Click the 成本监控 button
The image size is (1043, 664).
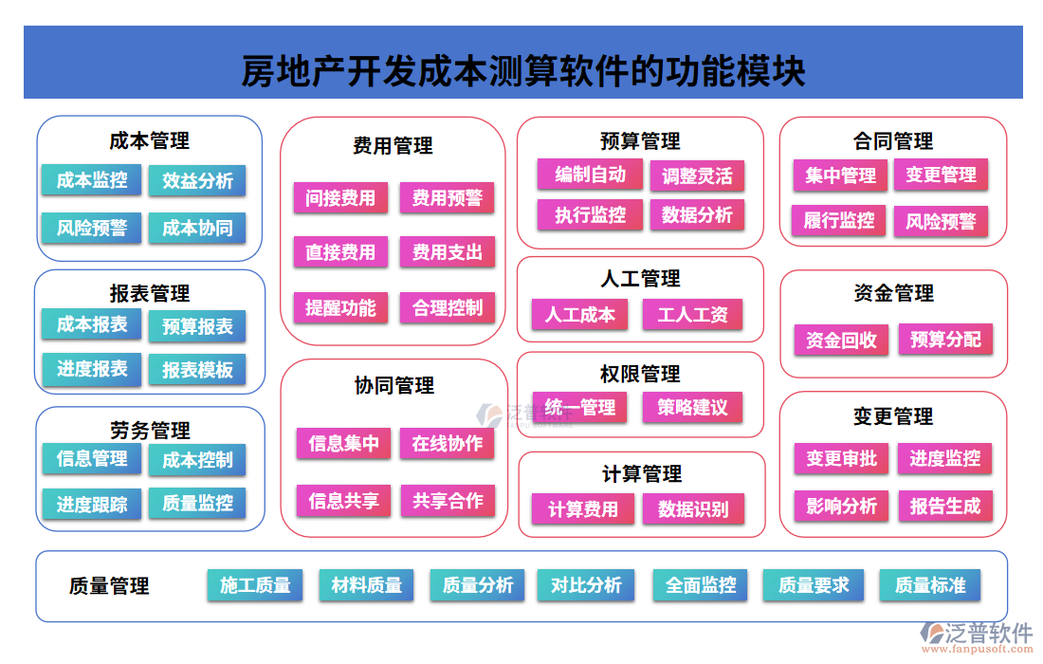pos(91,179)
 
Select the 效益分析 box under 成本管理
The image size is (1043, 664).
pos(197,180)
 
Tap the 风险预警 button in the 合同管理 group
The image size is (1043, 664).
pos(940,221)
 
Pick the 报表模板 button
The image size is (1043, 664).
pos(197,370)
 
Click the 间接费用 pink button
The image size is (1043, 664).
pos(340,198)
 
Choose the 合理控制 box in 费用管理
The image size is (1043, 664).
pos(447,307)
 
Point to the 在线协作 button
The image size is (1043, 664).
pos(447,443)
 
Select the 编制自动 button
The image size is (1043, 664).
pos(590,175)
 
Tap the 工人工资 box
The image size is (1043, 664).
pos(692,314)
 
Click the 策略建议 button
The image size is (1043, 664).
pos(692,407)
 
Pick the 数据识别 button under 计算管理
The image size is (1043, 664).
pos(692,509)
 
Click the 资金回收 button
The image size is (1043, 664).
pos(841,340)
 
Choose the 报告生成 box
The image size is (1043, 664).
pos(944,506)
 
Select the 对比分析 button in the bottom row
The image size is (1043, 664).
pos(586,585)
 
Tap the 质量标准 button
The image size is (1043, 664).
pos(929,585)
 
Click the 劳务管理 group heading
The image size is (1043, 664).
pos(150,430)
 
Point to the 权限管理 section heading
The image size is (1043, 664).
pos(640,374)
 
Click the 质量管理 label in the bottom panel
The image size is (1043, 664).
pos(109,586)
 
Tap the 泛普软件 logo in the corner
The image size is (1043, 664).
pos(977,634)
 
